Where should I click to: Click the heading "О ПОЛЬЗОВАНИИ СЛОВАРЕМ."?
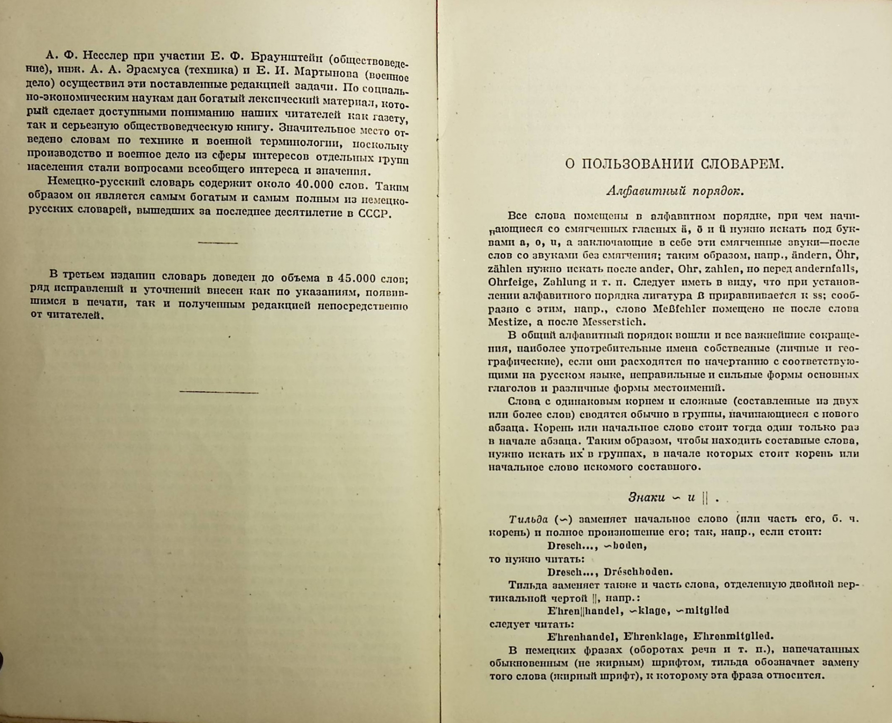point(674,164)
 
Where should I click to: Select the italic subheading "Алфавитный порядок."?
point(675,191)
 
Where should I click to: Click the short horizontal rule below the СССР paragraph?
point(218,243)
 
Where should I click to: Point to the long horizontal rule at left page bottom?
point(219,392)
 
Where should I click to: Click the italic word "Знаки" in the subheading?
point(646,497)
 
